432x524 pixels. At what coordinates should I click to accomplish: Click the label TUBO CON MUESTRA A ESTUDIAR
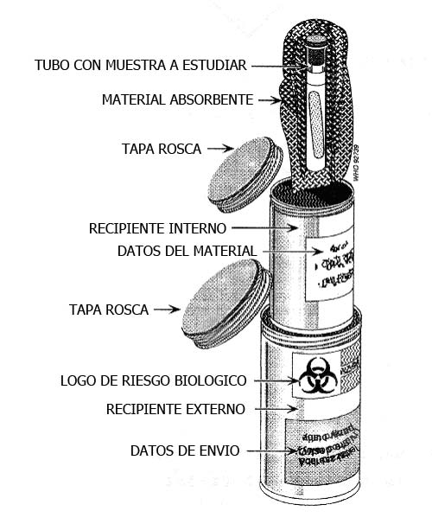(x=141, y=66)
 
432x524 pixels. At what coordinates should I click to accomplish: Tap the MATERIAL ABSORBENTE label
(x=177, y=100)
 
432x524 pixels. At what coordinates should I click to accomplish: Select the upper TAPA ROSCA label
(x=162, y=149)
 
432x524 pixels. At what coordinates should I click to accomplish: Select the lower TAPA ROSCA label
(x=109, y=309)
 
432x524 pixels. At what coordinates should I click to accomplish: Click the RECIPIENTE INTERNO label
(x=157, y=228)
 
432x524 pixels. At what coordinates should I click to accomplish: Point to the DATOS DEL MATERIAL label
(x=187, y=252)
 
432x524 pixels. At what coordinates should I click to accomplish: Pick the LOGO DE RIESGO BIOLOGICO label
(x=154, y=380)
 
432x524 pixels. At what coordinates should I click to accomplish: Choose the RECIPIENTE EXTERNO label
(x=175, y=409)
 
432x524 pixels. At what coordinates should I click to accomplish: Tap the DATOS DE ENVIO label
(x=184, y=451)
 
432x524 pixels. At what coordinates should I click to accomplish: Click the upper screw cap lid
(x=245, y=170)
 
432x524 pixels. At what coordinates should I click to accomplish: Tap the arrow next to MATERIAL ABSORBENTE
(x=270, y=100)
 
